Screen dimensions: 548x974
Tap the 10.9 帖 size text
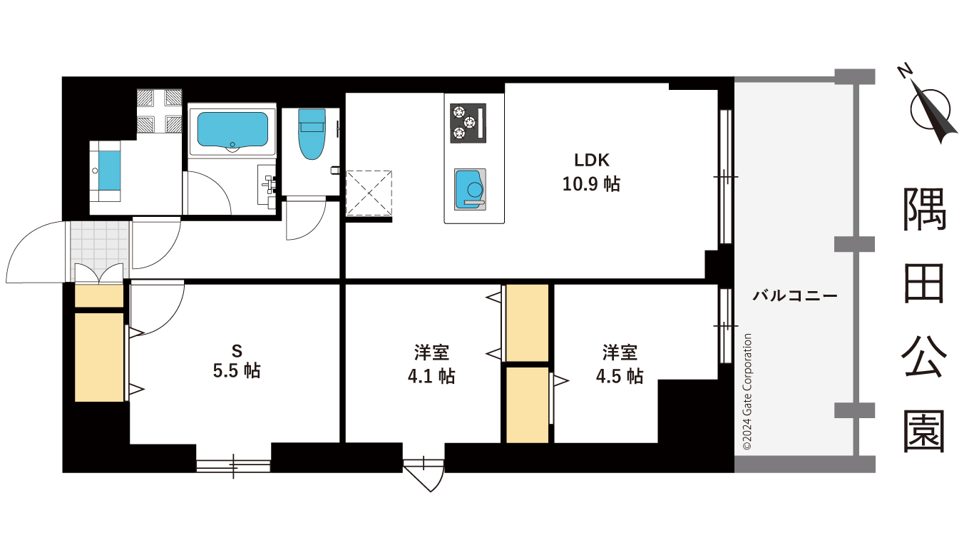pos(591,184)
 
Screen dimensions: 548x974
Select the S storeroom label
pos(237,350)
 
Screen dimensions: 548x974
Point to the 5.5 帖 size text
pos(237,371)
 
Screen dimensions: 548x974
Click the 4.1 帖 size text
pos(431,376)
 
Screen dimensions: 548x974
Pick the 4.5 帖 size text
pos(620,376)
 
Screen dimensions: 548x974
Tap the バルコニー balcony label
pos(794,295)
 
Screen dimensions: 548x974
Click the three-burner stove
pos(468,122)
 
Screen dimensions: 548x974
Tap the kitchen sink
pos(470,189)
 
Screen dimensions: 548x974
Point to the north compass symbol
pos(930,104)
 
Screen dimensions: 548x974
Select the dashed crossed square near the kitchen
pos(368,193)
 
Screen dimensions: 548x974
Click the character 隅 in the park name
pos(925,210)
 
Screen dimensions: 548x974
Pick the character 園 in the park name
pos(925,431)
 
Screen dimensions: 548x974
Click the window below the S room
pos(233,466)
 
